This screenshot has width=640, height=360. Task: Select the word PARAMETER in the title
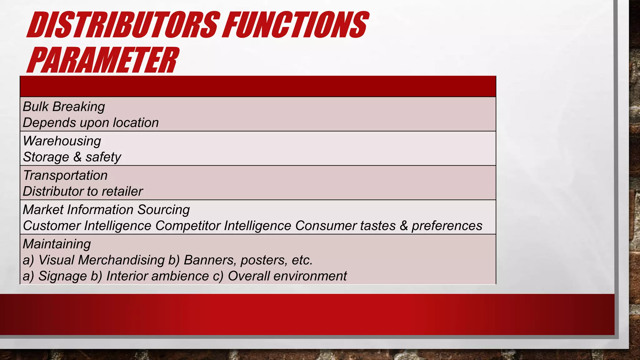coord(103,60)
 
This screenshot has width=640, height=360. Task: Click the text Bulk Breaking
coord(64,107)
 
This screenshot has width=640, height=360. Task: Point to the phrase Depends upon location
coord(91,123)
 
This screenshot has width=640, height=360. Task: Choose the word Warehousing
coord(62,141)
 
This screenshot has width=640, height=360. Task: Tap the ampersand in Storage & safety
coord(77,157)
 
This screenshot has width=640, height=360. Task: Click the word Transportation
coord(65,175)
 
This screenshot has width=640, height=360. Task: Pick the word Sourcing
coord(163,210)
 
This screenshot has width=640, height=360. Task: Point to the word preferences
coord(447,226)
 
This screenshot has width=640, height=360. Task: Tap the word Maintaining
coord(57,244)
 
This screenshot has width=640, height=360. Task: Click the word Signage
coord(62,276)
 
